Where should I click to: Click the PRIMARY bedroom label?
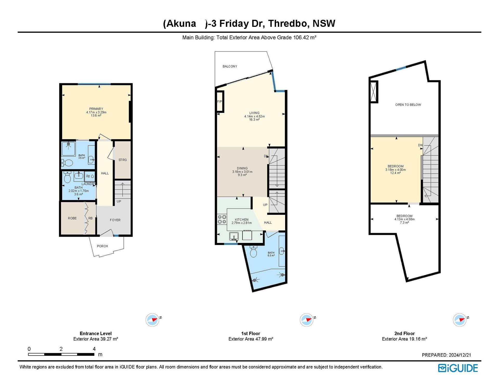[96, 109]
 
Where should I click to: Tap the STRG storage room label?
[123, 160]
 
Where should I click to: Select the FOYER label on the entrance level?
[115, 220]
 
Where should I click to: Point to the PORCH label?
[102, 246]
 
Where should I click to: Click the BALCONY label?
[230, 66]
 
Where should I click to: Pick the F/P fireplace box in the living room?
[220, 101]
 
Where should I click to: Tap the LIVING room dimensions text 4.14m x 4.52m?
[254, 116]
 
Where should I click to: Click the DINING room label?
[242, 168]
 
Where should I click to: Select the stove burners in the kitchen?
[222, 219]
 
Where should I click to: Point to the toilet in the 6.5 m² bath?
[253, 251]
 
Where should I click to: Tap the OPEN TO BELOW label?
[408, 105]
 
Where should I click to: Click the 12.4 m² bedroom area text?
[395, 173]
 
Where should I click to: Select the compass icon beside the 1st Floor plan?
[307, 320]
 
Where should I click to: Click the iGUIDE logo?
[458, 368]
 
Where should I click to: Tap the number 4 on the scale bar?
[94, 349]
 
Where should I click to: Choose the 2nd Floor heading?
[404, 333]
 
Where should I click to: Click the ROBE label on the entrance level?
[72, 218]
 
